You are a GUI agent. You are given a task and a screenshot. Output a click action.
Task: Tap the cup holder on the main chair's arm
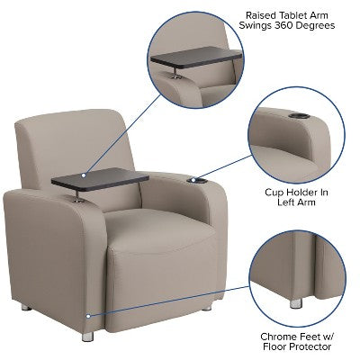[x=197, y=181]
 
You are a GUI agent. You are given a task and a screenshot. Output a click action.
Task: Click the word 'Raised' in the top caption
[x=264, y=13]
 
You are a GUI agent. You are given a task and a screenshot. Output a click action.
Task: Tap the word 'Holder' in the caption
[x=303, y=192]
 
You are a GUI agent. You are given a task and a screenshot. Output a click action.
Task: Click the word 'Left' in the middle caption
[x=277, y=203]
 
